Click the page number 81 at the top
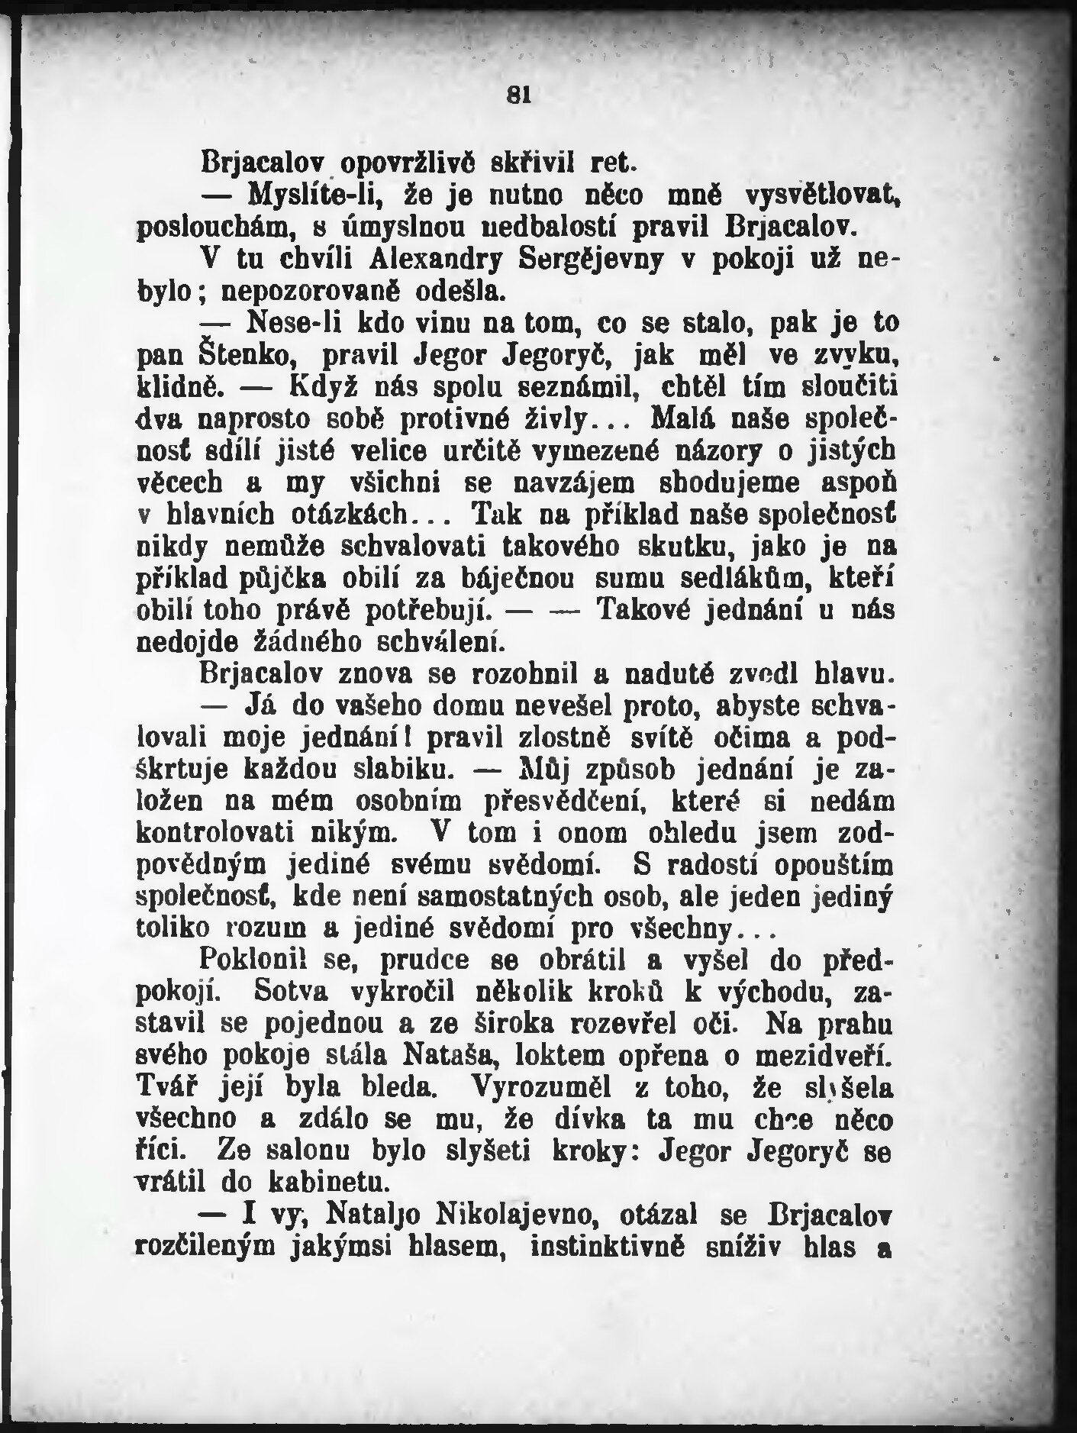[518, 95]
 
